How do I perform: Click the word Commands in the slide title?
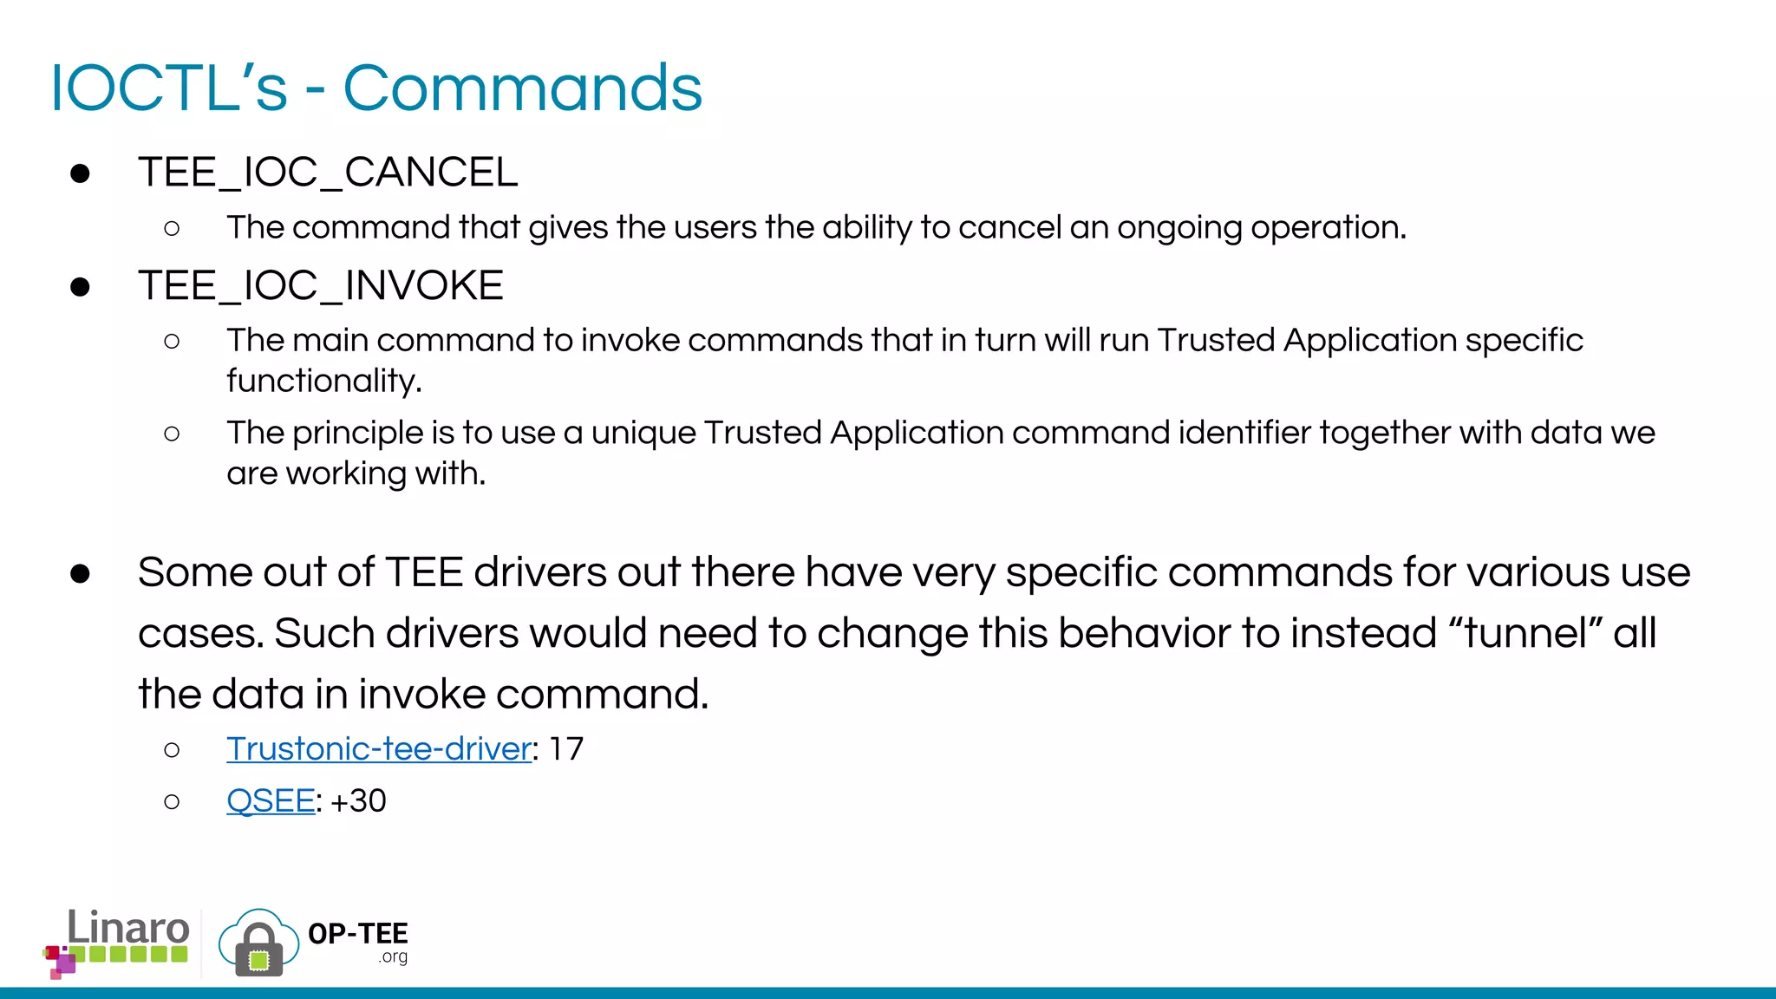[522, 88]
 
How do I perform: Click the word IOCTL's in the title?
[168, 88]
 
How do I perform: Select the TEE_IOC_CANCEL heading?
[328, 172]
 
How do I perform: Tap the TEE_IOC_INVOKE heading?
[320, 285]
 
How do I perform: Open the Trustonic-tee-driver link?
[378, 748]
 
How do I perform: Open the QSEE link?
[270, 800]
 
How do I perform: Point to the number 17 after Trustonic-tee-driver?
[566, 748]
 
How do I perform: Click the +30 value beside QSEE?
[358, 800]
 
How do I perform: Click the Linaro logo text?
[128, 928]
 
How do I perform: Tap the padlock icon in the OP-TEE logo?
[258, 949]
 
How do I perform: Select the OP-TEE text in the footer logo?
[357, 933]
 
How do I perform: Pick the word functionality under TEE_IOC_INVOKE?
[323, 381]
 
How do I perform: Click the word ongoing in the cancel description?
[1179, 227]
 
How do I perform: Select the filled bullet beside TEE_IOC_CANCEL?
[80, 173]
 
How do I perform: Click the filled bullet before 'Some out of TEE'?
[80, 573]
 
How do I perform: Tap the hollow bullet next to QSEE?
[172, 801]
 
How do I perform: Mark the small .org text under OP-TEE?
[393, 957]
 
